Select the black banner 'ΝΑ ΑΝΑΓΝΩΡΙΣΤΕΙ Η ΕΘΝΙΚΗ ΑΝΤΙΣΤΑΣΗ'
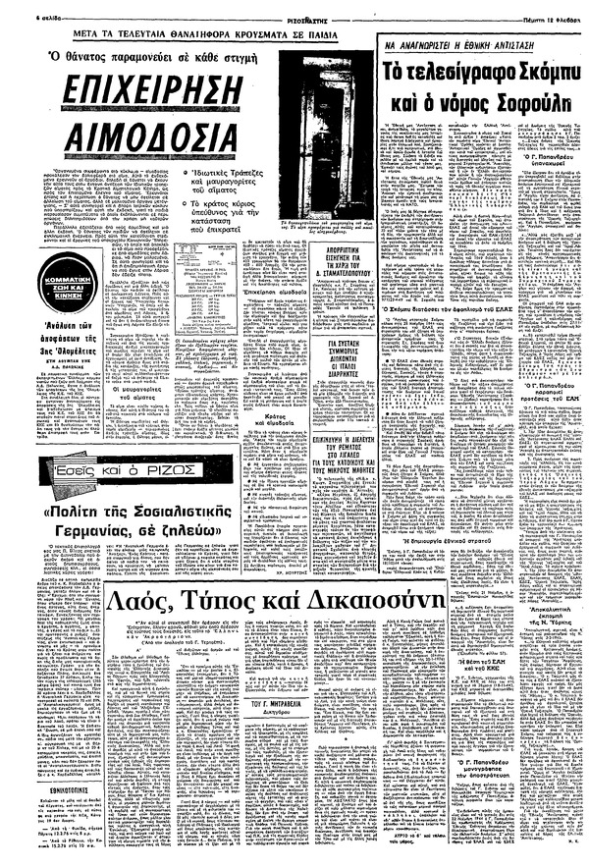click(478, 45)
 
